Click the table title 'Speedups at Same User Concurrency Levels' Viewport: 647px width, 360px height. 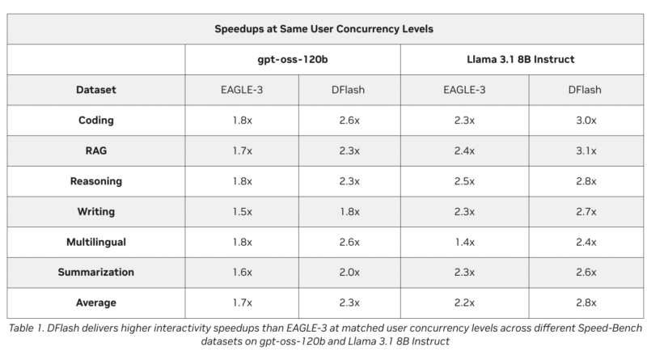[x=324, y=29]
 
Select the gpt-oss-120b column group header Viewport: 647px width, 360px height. [x=293, y=59]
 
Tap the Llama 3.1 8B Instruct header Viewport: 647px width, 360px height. [x=521, y=59]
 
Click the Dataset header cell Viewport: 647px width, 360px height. [x=96, y=90]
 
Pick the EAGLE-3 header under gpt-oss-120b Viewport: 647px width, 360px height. [x=242, y=90]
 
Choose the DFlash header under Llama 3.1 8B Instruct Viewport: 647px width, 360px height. [x=585, y=90]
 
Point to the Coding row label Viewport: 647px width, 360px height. [x=96, y=121]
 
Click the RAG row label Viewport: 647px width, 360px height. [x=96, y=150]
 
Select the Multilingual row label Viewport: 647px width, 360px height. [x=96, y=242]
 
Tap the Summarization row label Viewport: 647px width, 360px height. [x=96, y=272]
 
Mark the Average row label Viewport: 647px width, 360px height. [x=96, y=303]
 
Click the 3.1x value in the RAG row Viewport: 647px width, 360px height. [x=586, y=150]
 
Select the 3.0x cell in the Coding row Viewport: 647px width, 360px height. [x=586, y=121]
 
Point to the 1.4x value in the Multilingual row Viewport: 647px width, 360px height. [x=464, y=242]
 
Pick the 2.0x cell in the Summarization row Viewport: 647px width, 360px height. [x=349, y=272]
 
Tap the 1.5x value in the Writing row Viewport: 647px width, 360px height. [x=242, y=211]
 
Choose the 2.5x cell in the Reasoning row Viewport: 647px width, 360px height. [x=464, y=181]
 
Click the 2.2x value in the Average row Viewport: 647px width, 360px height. [x=464, y=303]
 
